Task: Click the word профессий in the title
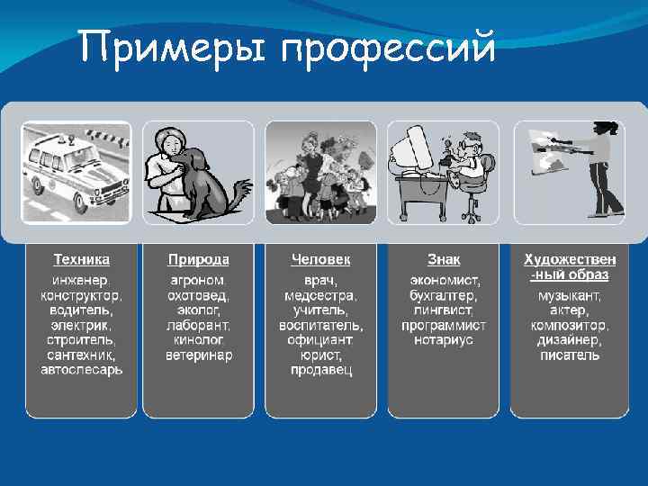388,48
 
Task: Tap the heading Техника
81,259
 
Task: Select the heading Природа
199,259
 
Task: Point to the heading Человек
320,259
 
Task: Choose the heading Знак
444,259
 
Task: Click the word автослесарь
81,369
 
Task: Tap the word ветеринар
199,355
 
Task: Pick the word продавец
321,369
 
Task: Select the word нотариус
444,340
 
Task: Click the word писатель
569,355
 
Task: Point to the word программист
444,325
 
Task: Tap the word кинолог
199,340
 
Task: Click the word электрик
81,325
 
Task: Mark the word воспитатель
321,325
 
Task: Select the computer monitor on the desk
416,148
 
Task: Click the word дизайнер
569,340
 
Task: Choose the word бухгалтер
444,295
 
